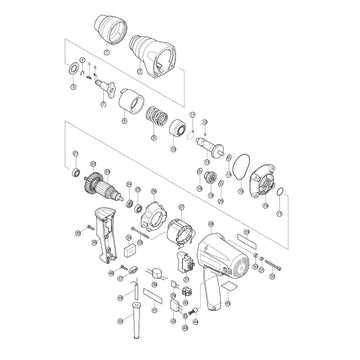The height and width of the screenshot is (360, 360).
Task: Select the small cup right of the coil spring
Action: coord(177,127)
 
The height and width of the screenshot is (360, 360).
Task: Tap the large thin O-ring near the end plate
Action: coord(239,158)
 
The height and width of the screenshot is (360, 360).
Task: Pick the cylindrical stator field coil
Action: coord(178,239)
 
